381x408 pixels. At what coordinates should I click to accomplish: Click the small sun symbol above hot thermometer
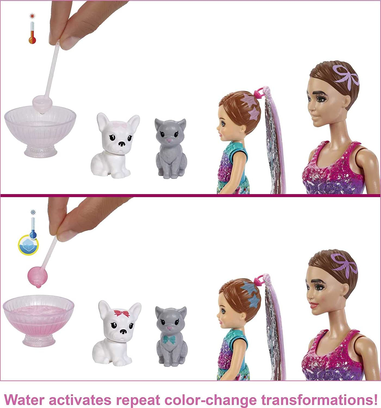coord(32,16)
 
